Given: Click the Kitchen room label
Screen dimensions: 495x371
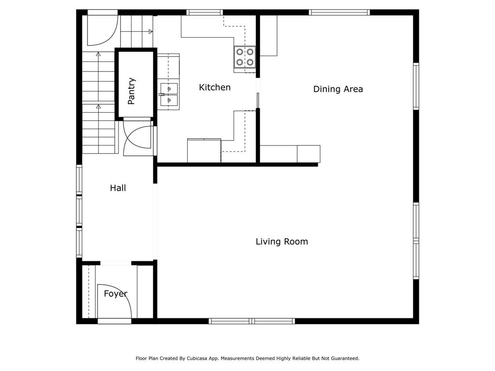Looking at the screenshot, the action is point(215,87).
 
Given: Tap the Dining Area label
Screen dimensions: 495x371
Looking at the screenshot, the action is point(338,89).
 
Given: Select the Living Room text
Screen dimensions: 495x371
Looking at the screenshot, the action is point(282,242).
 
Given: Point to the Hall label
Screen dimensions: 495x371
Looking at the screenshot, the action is point(118,188).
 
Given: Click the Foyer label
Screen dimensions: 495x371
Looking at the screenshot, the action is point(116,294).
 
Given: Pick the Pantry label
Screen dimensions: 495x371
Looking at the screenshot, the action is point(131,91).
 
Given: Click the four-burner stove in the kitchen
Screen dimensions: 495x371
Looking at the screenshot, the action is point(245,57).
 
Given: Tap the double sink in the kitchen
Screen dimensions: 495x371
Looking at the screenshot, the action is point(169,94).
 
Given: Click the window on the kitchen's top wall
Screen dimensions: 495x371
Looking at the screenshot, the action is point(204,12).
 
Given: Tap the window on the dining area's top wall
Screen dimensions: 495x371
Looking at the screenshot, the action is point(339,12).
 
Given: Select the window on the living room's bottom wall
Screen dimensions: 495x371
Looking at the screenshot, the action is point(252,321).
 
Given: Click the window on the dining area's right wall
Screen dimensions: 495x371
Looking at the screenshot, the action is point(416,86).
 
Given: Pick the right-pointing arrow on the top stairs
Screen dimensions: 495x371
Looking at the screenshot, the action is point(151,31).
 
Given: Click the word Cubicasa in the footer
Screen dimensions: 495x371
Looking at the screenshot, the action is point(197,358).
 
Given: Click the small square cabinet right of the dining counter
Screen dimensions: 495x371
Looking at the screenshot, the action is point(309,154).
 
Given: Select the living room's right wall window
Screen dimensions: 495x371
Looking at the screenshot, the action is point(416,241).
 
